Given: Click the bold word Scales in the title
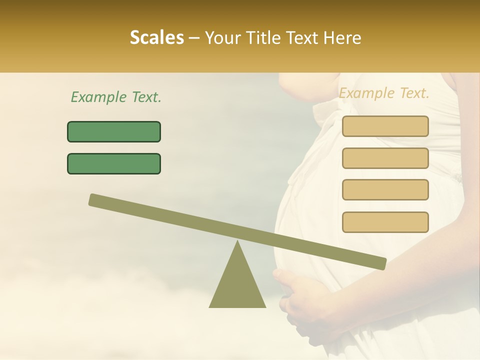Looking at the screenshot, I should tap(156, 38).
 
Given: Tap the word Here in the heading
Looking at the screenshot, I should tap(342, 38).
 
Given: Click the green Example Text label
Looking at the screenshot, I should tap(116, 97).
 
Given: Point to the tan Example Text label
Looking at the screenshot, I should tap(384, 93).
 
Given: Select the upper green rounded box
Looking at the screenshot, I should tap(114, 131).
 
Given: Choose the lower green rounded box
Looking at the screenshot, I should tap(114, 163).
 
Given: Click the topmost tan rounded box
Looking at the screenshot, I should tap(385, 126).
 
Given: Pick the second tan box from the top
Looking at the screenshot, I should tap(385, 158).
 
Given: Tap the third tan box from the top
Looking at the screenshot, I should tap(385, 189).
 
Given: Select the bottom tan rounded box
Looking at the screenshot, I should tap(385, 222).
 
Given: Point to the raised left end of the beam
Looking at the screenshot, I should tap(95, 200).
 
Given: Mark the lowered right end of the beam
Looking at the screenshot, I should tap(380, 263).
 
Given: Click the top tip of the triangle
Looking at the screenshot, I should tap(237, 242).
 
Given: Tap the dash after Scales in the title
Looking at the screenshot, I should tap(194, 38).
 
